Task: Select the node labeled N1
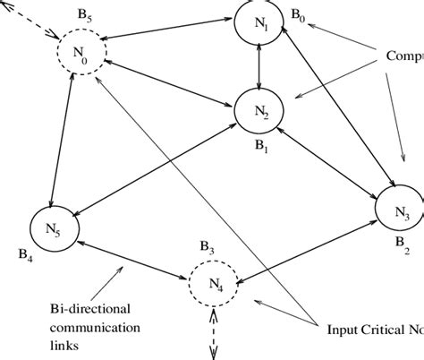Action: point(259,25)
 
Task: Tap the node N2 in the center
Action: point(259,111)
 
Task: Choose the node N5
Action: point(54,227)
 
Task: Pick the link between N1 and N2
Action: point(259,68)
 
